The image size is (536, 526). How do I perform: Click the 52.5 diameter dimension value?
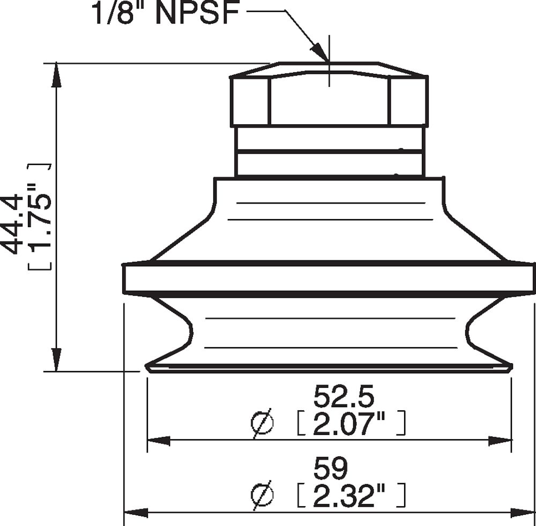[x=343, y=397]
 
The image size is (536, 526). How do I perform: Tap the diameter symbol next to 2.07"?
[x=262, y=424]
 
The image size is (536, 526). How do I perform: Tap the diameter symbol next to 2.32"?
[x=262, y=497]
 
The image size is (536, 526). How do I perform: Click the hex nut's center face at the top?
[x=329, y=102]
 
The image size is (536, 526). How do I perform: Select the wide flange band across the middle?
[x=329, y=279]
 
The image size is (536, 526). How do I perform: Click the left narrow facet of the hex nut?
[x=250, y=102]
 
